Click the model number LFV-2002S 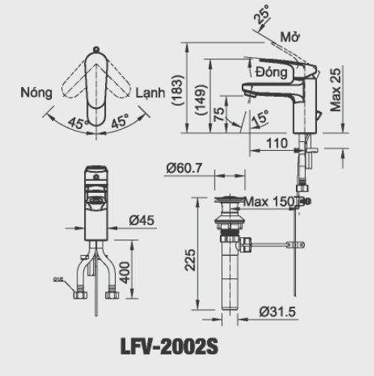(169, 347)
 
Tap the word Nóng (37, 93)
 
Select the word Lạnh (153, 93)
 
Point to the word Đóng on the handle (272, 74)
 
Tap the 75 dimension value (219, 113)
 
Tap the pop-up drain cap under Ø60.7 (229, 200)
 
